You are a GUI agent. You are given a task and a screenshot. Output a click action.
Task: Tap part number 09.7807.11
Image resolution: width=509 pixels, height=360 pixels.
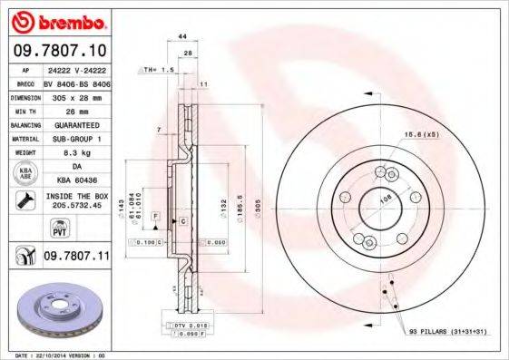pyautogui.click(x=75, y=258)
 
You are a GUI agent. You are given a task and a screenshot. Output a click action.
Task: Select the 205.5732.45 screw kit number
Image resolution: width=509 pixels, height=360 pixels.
pyautogui.click(x=76, y=207)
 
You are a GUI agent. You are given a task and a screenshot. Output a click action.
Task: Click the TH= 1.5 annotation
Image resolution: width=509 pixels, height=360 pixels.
pyautogui.click(x=158, y=69)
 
